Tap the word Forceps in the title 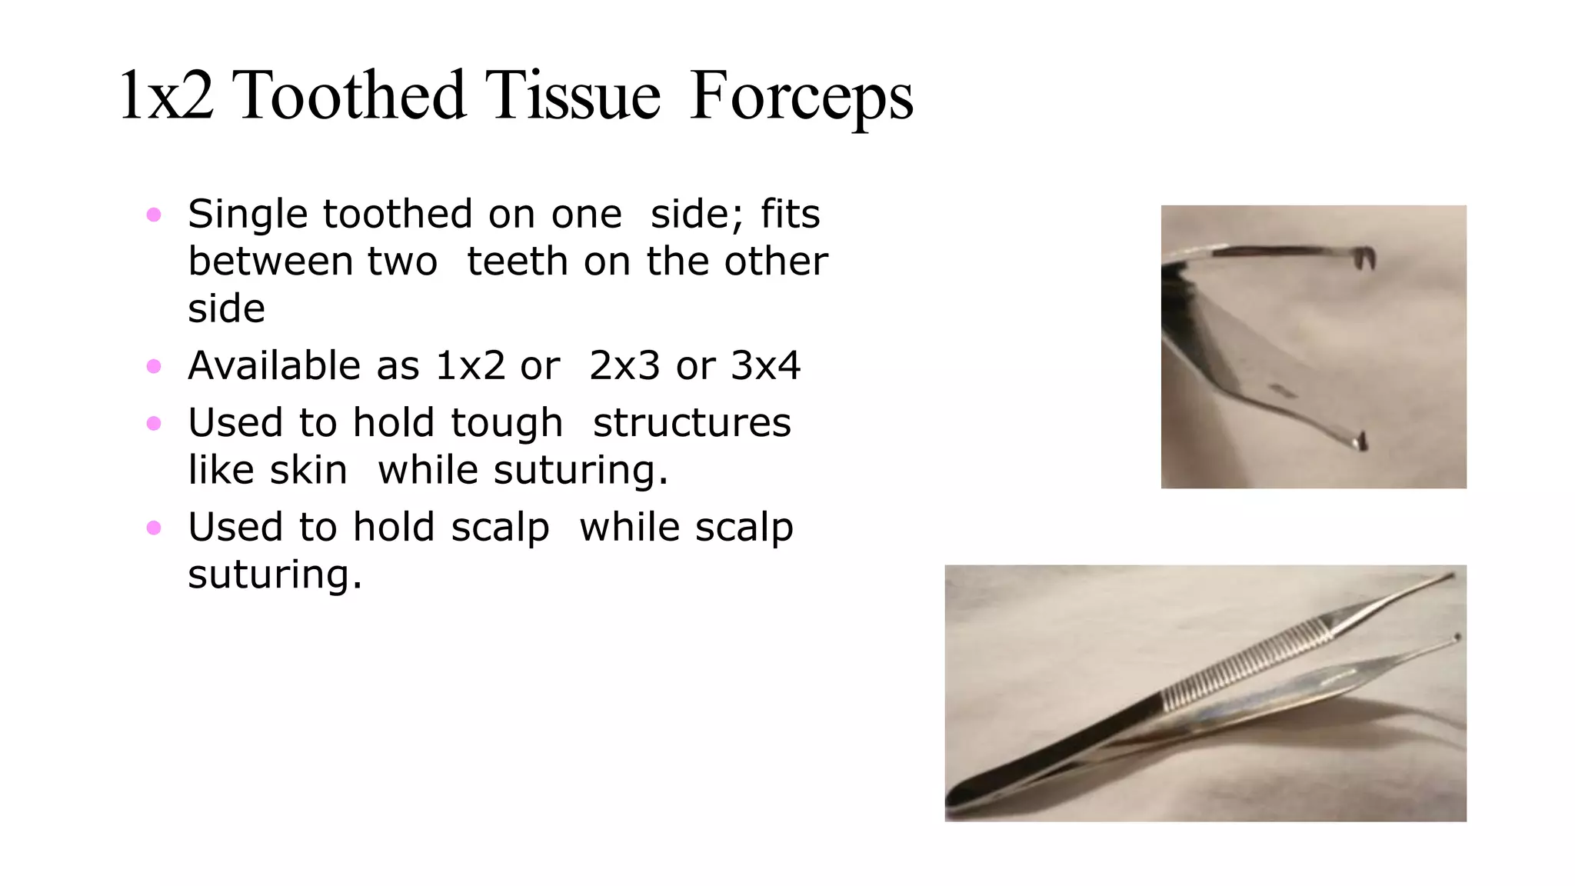point(801,96)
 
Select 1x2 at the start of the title point(166,96)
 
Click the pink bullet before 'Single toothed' point(154,215)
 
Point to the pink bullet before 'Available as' point(154,366)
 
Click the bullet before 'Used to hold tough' point(154,423)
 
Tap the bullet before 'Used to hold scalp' point(154,528)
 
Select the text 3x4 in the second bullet point(765,365)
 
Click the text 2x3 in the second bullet point(624,365)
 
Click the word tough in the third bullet point(507,424)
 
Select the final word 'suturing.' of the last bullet point(275,575)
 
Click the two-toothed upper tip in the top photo point(1365,259)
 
